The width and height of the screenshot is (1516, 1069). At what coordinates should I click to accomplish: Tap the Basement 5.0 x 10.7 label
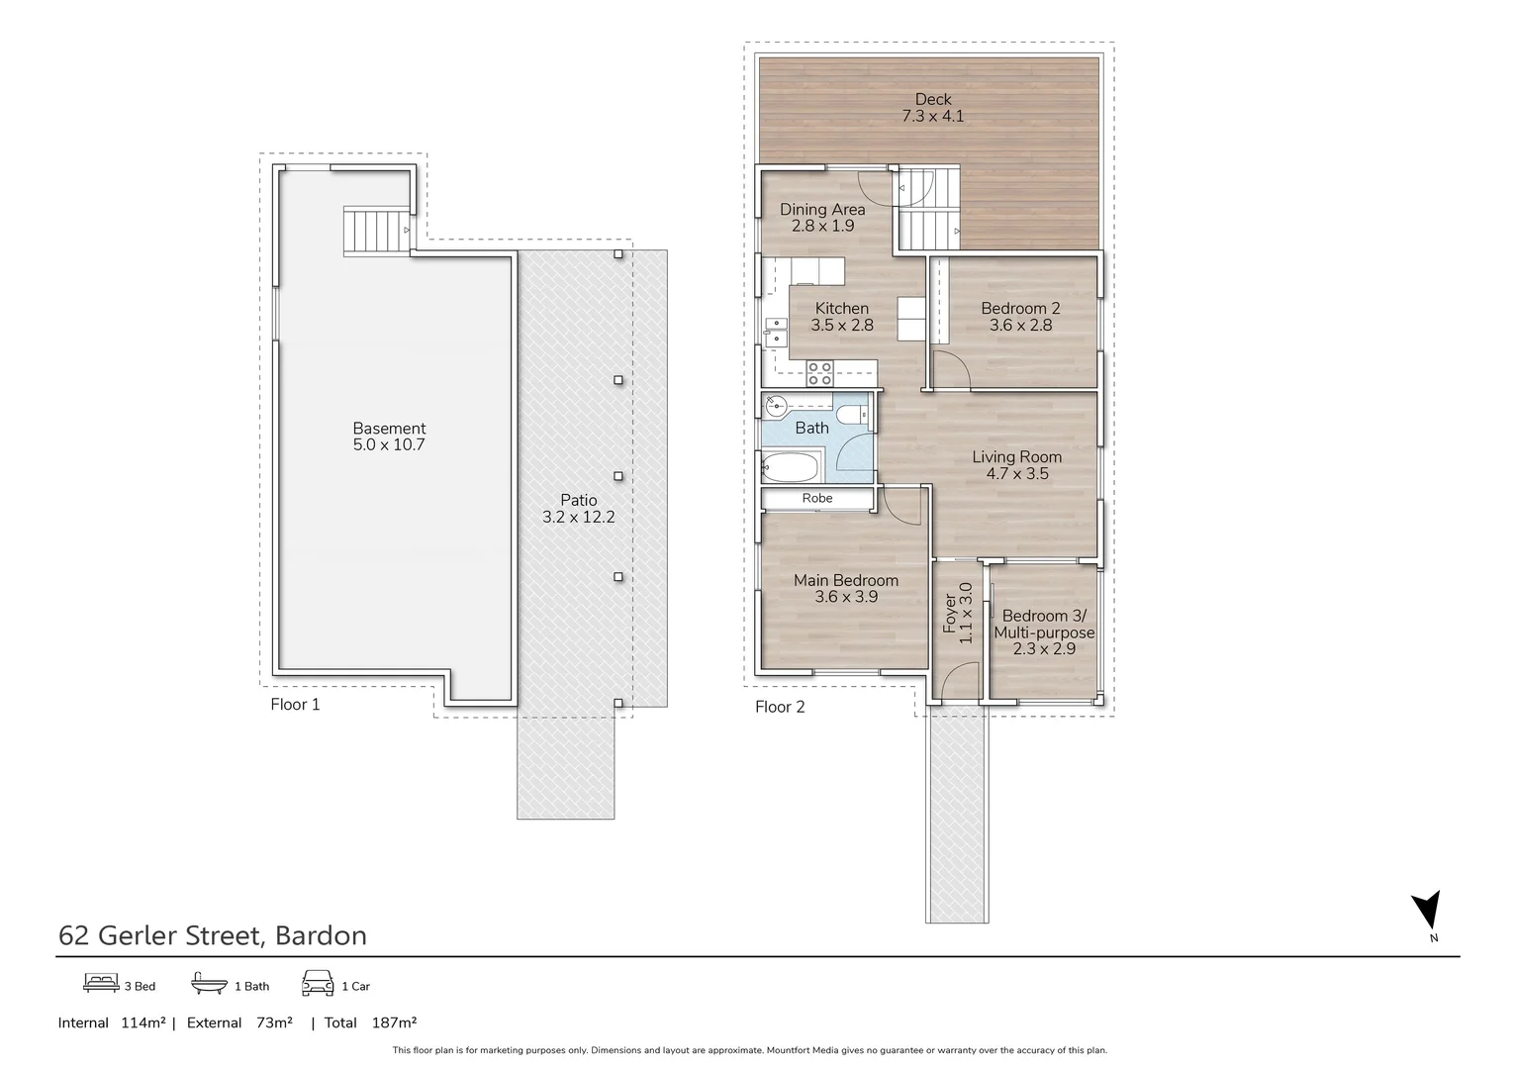[389, 437]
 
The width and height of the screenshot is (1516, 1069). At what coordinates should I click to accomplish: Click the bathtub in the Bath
[791, 466]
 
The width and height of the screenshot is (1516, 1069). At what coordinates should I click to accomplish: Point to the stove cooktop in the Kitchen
[819, 373]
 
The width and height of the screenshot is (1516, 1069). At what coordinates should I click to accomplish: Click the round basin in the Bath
[776, 403]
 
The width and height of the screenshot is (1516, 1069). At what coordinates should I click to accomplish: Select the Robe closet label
[817, 498]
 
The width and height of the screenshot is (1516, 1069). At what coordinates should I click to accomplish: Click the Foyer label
[950, 614]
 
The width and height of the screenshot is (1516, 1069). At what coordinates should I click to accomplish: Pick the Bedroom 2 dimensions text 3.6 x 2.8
[1020, 326]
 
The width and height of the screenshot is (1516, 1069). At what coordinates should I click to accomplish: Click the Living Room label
[1016, 457]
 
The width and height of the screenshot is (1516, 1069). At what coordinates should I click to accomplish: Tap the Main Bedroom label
[846, 581]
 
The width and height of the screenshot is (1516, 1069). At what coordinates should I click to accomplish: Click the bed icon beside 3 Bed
[101, 983]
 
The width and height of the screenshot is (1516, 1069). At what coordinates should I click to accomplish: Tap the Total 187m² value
[394, 1022]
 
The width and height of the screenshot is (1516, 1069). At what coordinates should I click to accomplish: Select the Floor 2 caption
[780, 707]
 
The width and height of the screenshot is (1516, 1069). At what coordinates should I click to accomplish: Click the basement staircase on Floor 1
[376, 231]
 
